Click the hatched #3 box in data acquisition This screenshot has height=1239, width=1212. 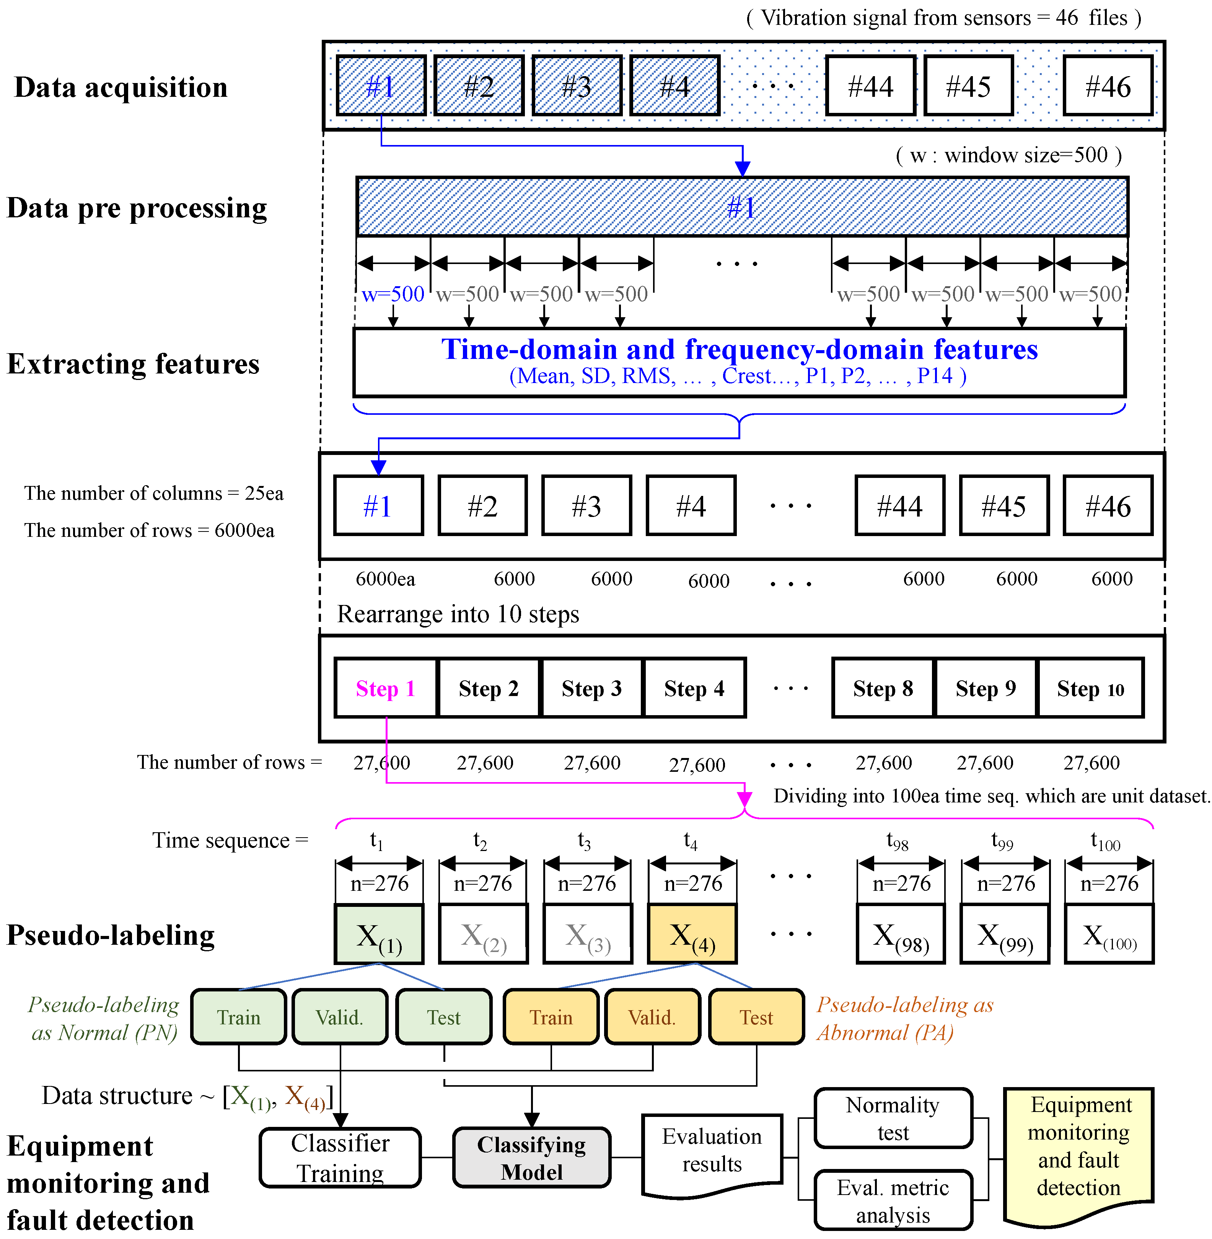577,86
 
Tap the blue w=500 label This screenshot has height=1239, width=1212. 393,294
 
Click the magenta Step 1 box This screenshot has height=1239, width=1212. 386,688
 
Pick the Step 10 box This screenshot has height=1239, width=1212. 1090,688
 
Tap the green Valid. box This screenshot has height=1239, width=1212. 340,1017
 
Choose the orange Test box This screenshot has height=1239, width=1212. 756,1017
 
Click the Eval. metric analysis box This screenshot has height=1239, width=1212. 893,1200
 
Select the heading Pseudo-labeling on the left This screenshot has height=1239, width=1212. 111,935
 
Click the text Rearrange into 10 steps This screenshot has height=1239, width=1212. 458,614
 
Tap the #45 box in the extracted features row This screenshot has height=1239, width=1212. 1004,506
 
